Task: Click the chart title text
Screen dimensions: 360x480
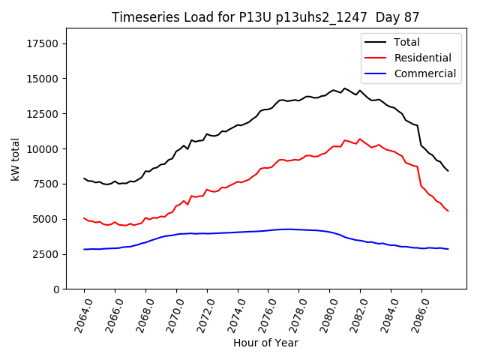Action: [x=265, y=17]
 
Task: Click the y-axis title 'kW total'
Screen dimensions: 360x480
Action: [x=15, y=159]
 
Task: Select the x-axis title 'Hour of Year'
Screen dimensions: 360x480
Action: [x=265, y=343]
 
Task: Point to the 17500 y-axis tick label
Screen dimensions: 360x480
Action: [x=44, y=43]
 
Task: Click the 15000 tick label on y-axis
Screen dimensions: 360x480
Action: [x=44, y=79]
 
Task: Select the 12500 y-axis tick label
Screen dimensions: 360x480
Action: [x=44, y=114]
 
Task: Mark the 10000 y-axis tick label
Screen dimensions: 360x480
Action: [x=44, y=149]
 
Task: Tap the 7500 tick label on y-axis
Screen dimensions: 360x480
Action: [x=47, y=184]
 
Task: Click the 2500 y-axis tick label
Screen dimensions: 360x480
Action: [x=47, y=254]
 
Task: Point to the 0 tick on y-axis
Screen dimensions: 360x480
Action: [x=57, y=289]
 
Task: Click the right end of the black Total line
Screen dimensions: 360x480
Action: [x=448, y=171]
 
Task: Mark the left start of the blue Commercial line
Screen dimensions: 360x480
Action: [x=84, y=249]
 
